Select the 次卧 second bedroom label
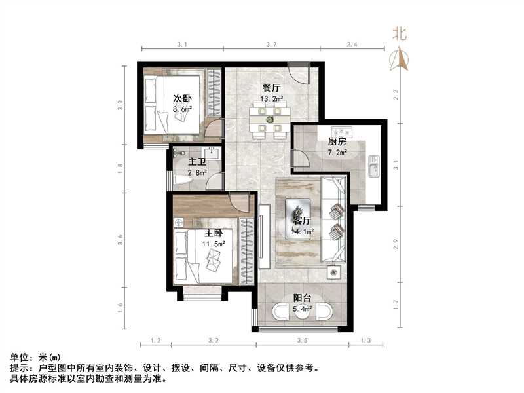click(x=182, y=98)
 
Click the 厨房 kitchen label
click(x=337, y=142)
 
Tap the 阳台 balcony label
click(x=302, y=297)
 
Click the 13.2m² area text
click(x=272, y=99)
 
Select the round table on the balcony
click(x=302, y=313)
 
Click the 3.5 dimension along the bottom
click(x=302, y=341)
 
